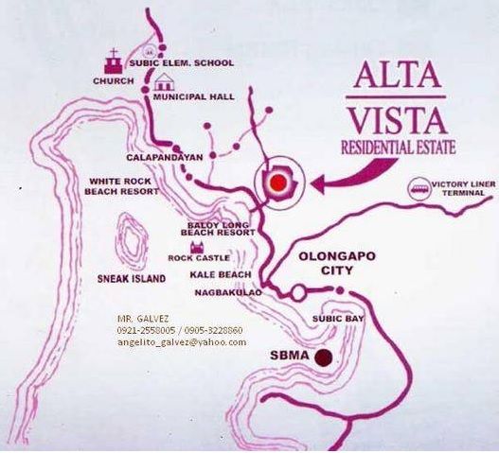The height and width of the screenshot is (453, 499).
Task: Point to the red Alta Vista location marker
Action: pyautogui.click(x=278, y=180)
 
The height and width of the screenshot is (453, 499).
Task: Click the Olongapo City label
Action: pyautogui.click(x=324, y=262)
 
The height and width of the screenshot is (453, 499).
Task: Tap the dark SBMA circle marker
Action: pyautogui.click(x=324, y=357)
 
